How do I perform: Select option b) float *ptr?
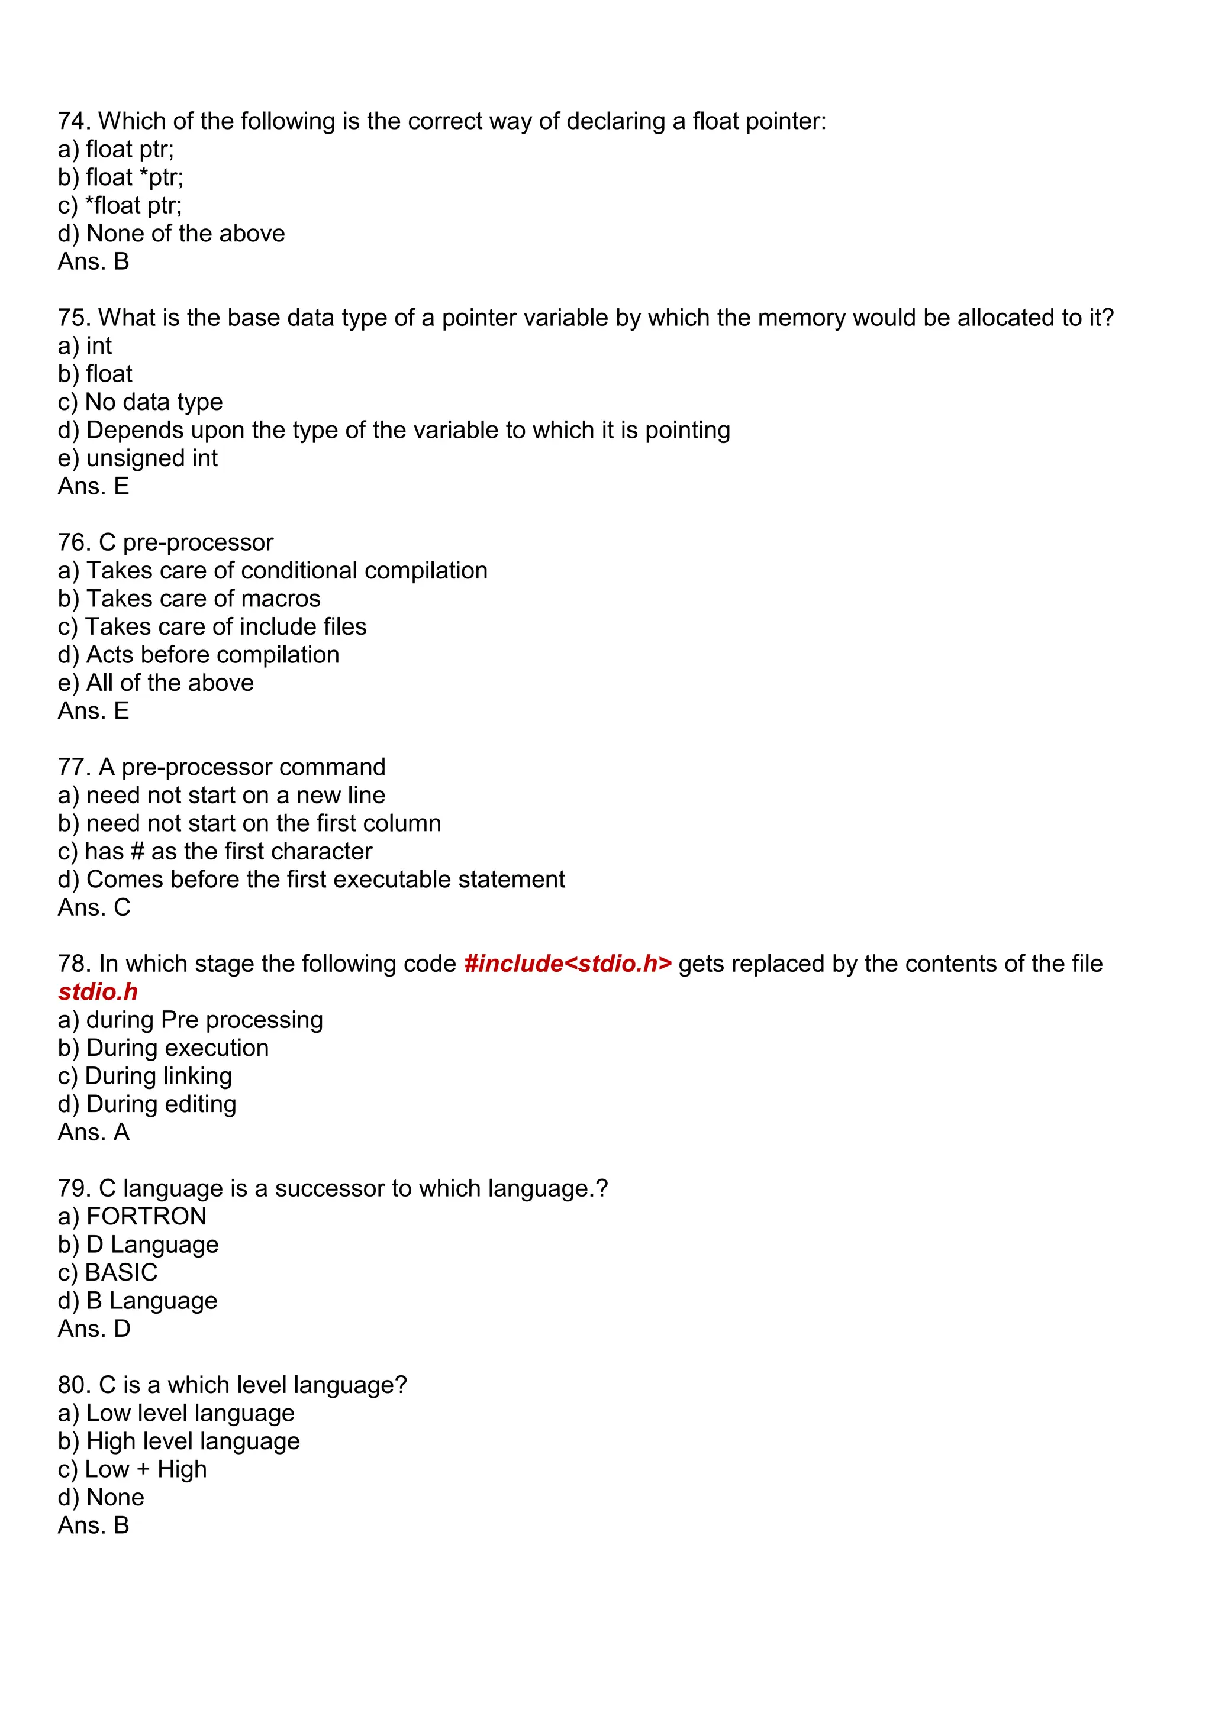(120, 177)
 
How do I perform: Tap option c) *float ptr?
(120, 205)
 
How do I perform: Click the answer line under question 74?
(94, 262)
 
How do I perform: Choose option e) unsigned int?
(137, 458)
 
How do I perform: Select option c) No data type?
(140, 402)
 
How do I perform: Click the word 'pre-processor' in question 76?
(197, 542)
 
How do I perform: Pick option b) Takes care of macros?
(189, 599)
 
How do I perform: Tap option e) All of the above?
(155, 683)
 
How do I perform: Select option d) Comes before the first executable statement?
(311, 880)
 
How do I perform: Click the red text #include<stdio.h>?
(567, 964)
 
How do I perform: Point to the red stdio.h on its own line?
(98, 993)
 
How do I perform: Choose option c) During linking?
(145, 1077)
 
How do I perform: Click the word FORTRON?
(146, 1217)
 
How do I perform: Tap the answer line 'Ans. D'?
(94, 1329)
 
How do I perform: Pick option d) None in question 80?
(101, 1497)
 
